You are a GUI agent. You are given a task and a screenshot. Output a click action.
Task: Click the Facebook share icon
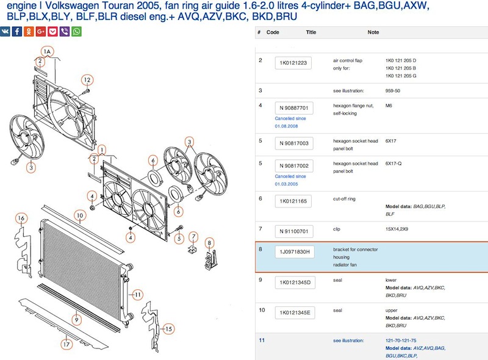17,32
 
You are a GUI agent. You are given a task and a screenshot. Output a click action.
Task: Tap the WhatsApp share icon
77,32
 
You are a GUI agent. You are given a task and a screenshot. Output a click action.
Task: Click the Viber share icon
65,32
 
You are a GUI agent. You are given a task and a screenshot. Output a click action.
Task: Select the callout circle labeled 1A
47,51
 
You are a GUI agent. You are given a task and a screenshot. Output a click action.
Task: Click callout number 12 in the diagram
87,80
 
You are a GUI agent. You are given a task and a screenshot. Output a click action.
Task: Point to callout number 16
21,218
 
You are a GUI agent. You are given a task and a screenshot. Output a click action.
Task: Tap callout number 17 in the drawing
66,344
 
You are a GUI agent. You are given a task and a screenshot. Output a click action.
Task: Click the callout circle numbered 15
168,329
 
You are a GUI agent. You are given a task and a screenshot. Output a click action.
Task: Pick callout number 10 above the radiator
80,215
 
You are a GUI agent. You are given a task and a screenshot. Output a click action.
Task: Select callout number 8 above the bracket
209,243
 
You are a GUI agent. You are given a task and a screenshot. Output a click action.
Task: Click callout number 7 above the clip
193,237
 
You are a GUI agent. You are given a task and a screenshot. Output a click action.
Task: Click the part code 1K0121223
293,63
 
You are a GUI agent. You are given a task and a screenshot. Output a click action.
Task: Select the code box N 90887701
294,108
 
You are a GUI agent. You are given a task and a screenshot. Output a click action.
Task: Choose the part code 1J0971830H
295,252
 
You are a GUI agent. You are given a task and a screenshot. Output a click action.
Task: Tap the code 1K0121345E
295,312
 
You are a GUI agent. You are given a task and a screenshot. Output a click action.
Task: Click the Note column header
373,32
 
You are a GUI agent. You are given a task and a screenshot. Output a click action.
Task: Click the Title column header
311,32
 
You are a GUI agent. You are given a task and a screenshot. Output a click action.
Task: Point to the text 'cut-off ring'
344,199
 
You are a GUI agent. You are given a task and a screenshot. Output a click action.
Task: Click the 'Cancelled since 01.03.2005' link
290,180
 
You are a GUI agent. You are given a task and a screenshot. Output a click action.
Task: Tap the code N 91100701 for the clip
294,231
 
